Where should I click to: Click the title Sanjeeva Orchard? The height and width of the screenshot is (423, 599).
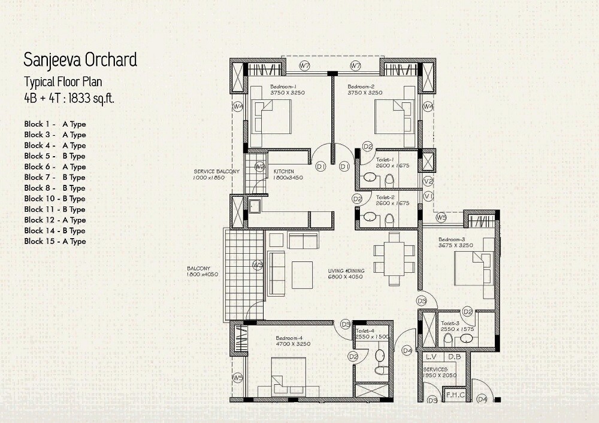[x=80, y=60]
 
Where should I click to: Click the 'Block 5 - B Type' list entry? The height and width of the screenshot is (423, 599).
[x=55, y=156]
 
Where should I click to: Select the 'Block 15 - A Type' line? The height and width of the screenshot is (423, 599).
[x=55, y=242]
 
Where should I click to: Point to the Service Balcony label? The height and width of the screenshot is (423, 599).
[x=216, y=172]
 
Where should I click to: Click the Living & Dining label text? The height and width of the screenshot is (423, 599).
[x=346, y=271]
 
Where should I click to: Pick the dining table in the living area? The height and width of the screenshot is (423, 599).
[x=394, y=258]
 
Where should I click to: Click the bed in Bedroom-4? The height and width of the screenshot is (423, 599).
[x=288, y=378]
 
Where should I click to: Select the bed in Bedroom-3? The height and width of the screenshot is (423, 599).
[x=474, y=269]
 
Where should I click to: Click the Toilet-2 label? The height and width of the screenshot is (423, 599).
[x=385, y=197]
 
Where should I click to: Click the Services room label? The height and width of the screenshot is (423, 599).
[x=435, y=370]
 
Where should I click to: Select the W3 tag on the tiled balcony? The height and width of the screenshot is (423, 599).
[x=258, y=264]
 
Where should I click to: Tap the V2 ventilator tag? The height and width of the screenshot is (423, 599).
[x=428, y=181]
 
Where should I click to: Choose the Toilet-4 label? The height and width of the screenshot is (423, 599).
[x=365, y=330]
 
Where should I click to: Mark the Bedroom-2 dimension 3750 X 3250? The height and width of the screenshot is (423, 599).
[x=365, y=93]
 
